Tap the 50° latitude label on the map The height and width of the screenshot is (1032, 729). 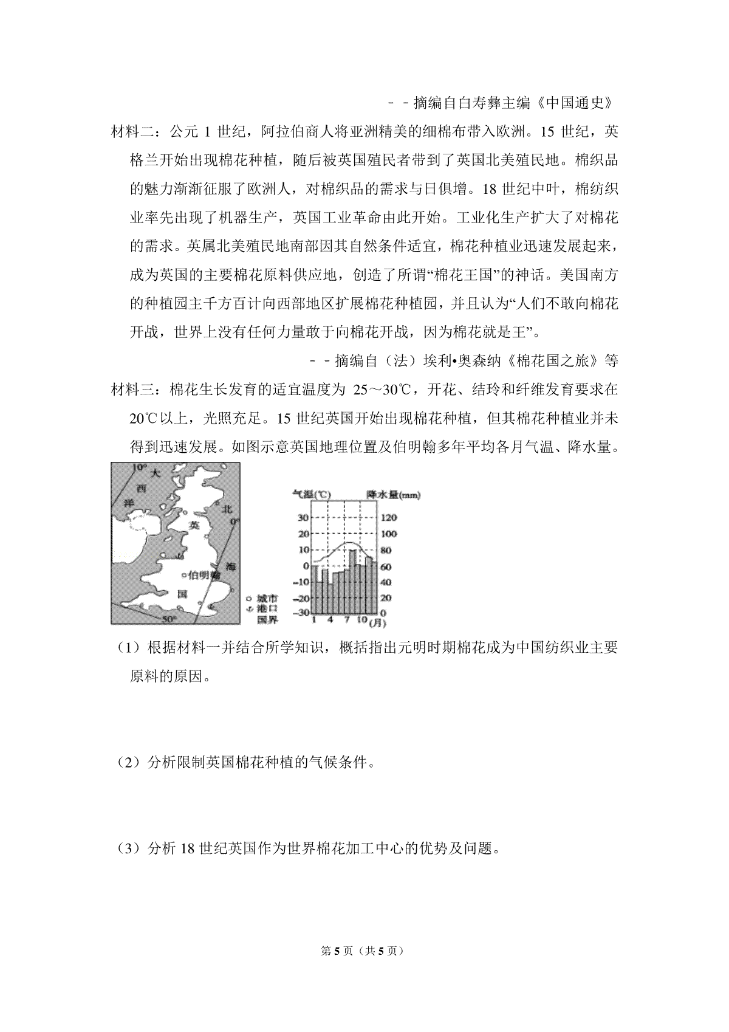[169, 618]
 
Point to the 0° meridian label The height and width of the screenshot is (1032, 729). [234, 521]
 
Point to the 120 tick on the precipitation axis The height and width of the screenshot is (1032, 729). [388, 517]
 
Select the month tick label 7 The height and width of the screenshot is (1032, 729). [347, 620]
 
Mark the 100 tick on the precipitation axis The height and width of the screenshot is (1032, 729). [388, 534]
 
